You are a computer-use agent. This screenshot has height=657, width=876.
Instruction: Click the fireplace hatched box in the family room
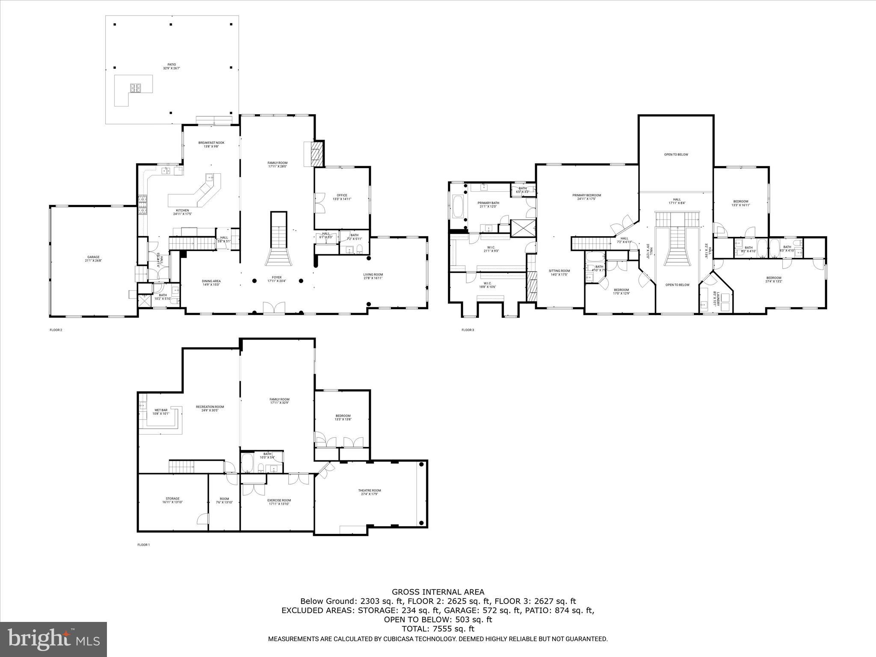[x=316, y=154]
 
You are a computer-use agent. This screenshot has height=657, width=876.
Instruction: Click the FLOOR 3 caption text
[x=468, y=330]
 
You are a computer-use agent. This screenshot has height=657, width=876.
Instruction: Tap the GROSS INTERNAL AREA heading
[x=438, y=592]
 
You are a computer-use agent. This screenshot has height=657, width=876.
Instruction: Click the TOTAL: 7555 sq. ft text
[x=438, y=629]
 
